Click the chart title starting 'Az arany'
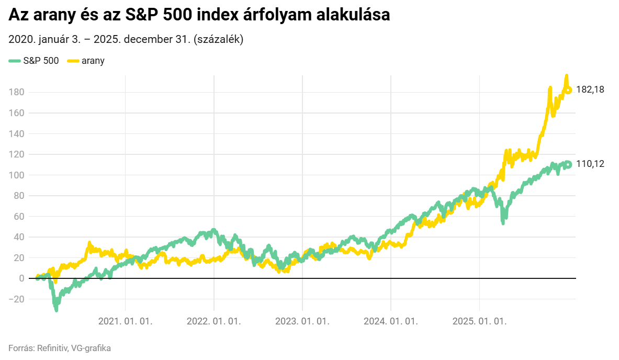(199, 16)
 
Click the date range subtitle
(126, 40)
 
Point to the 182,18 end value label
(590, 89)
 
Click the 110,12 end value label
(590, 164)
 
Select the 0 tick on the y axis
(21, 278)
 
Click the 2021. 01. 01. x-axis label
(126, 321)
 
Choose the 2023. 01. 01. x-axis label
(302, 321)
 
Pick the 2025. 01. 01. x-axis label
(479, 321)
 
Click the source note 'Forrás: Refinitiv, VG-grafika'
(60, 348)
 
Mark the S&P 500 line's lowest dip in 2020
(56, 310)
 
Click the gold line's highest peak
(566, 76)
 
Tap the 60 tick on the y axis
(19, 216)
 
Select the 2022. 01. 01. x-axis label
(214, 321)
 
